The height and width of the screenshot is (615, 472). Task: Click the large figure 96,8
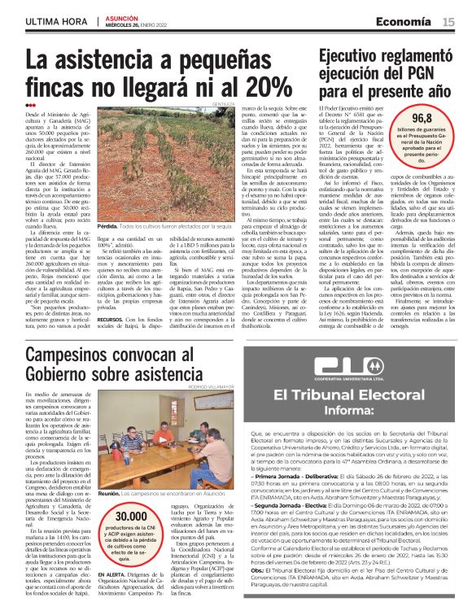tap(422, 119)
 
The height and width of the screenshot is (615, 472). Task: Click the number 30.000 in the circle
tap(130, 495)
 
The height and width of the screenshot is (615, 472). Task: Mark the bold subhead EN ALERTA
tap(111, 553)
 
